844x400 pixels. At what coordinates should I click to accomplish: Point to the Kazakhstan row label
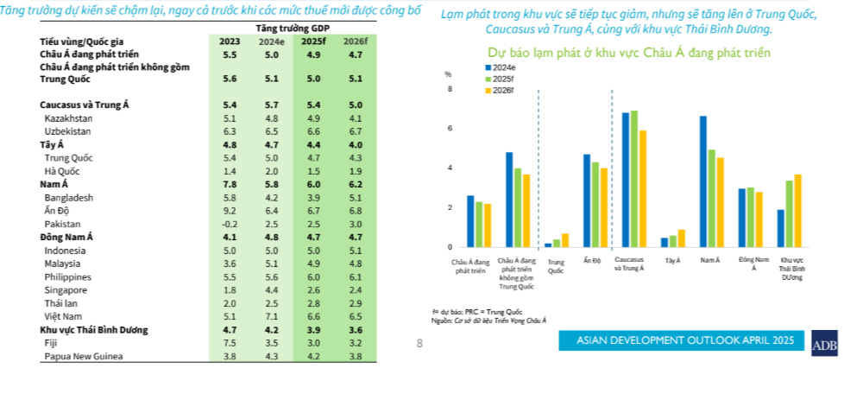[70, 117]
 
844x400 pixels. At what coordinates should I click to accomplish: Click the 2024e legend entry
[503, 67]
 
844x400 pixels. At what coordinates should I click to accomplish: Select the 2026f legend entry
[503, 90]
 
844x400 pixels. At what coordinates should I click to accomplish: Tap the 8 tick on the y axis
[450, 89]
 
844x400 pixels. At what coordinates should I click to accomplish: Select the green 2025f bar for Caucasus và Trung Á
[634, 179]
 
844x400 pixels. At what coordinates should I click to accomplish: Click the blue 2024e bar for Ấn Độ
[587, 200]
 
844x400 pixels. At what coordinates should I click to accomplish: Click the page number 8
[419, 344]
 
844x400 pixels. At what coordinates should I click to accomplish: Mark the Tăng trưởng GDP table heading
[290, 29]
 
